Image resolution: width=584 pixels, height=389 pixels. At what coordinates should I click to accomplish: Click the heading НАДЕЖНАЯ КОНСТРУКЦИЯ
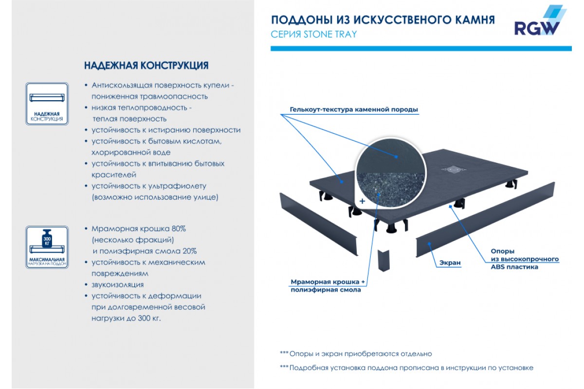pos(146,65)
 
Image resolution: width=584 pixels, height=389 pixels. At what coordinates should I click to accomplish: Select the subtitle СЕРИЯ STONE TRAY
pos(313,34)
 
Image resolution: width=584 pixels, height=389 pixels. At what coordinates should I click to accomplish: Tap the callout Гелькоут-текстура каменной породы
pos(353,110)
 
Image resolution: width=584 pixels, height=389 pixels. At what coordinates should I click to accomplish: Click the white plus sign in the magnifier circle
pos(362,200)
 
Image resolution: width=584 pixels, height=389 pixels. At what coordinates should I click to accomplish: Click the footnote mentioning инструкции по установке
pos(406,368)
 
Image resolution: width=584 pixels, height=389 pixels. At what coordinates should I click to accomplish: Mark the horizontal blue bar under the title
pos(421,48)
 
